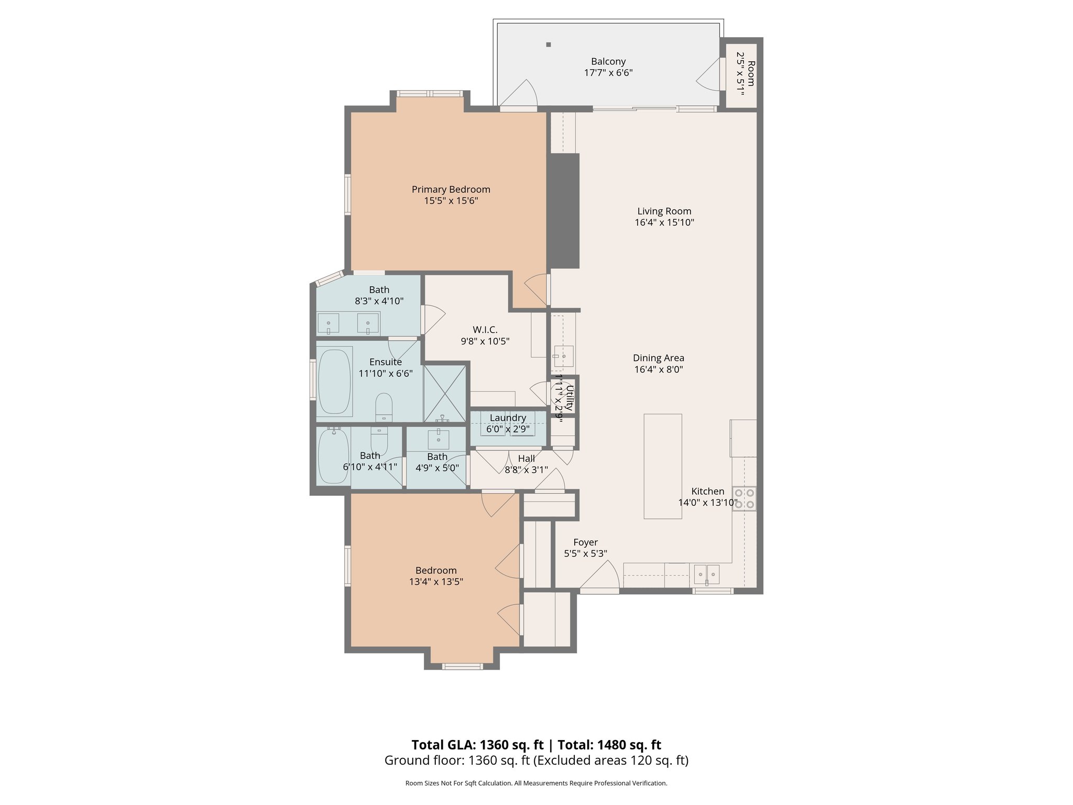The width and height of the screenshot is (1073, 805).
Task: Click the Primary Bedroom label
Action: (x=451, y=189)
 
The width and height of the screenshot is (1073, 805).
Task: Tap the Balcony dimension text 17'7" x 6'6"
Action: (x=608, y=73)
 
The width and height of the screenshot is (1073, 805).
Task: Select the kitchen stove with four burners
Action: (x=744, y=498)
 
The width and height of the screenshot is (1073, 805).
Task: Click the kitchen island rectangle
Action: (x=663, y=466)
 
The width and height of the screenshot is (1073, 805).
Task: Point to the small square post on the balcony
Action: (x=549, y=45)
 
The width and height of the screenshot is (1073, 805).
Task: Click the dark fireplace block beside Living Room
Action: (x=564, y=211)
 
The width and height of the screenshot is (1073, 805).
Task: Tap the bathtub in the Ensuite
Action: (x=334, y=382)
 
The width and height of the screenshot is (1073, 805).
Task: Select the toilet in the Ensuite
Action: (x=384, y=407)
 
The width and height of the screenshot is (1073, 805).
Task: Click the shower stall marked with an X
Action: (x=444, y=393)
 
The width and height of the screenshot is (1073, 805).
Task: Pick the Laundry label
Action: (x=508, y=418)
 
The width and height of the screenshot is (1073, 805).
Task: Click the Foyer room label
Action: (x=585, y=542)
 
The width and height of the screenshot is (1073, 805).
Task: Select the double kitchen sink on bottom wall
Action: (x=707, y=574)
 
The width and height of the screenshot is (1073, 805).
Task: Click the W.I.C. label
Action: (x=485, y=330)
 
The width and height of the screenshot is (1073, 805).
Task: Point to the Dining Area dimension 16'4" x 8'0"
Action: (x=659, y=369)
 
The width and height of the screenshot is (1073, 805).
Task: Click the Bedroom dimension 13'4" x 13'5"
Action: (x=436, y=582)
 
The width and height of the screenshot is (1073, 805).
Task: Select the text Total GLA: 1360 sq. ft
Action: (x=477, y=745)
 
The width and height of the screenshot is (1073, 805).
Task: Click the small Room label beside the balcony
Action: (x=751, y=73)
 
